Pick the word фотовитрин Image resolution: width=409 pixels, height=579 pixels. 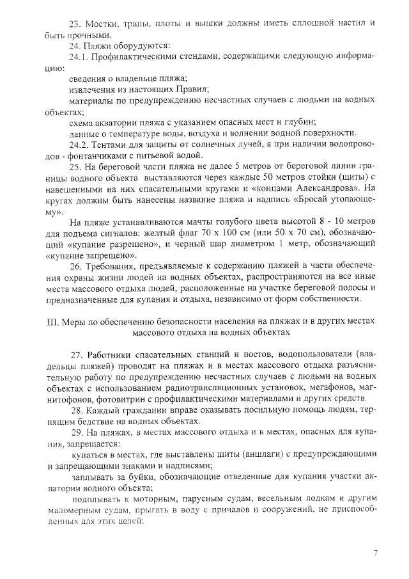[89, 398]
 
